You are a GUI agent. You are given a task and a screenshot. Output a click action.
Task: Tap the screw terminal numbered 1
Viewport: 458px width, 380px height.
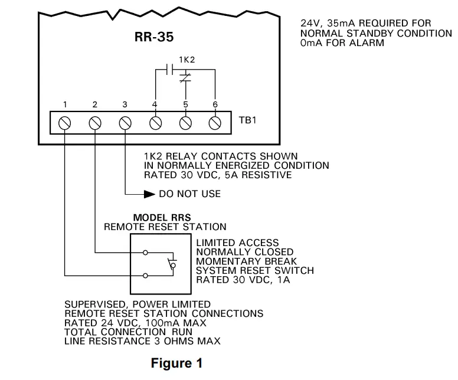66,123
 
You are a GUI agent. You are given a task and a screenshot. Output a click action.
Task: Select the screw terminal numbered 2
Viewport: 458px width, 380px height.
95,123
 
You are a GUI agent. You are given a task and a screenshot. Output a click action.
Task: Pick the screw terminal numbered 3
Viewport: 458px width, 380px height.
125,123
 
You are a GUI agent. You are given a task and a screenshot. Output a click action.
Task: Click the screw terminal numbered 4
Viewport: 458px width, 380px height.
155,123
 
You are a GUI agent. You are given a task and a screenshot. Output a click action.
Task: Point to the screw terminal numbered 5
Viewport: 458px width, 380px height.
185,123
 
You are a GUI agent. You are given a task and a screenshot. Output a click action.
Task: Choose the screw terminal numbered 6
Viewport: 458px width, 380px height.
215,123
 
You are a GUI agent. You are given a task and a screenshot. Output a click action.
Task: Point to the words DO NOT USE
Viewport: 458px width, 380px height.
189,194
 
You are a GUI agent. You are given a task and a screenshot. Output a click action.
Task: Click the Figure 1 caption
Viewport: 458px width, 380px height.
176,363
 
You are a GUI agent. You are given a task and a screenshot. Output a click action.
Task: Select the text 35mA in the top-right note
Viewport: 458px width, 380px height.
339,24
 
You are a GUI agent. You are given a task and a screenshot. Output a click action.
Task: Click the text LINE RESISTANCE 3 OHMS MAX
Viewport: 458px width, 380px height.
142,341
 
